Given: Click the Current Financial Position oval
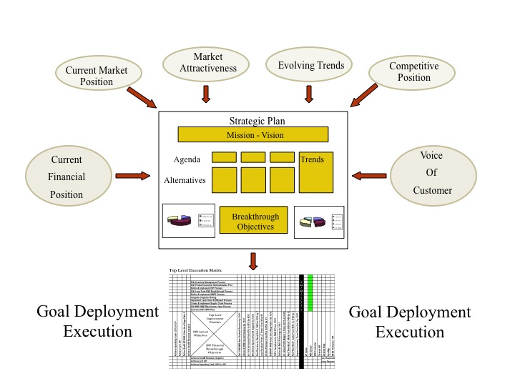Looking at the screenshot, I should tap(67, 176).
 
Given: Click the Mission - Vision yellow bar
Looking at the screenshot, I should tap(253, 134).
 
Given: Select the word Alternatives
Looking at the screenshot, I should tap(185, 180).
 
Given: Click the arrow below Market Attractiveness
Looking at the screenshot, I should tap(206, 94).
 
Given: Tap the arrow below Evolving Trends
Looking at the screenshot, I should tap(309, 94).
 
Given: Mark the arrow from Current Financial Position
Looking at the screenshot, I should tap(135, 174).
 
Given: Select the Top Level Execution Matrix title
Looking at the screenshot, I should tap(195, 270).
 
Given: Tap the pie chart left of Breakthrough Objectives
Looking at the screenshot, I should tap(180, 220).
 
